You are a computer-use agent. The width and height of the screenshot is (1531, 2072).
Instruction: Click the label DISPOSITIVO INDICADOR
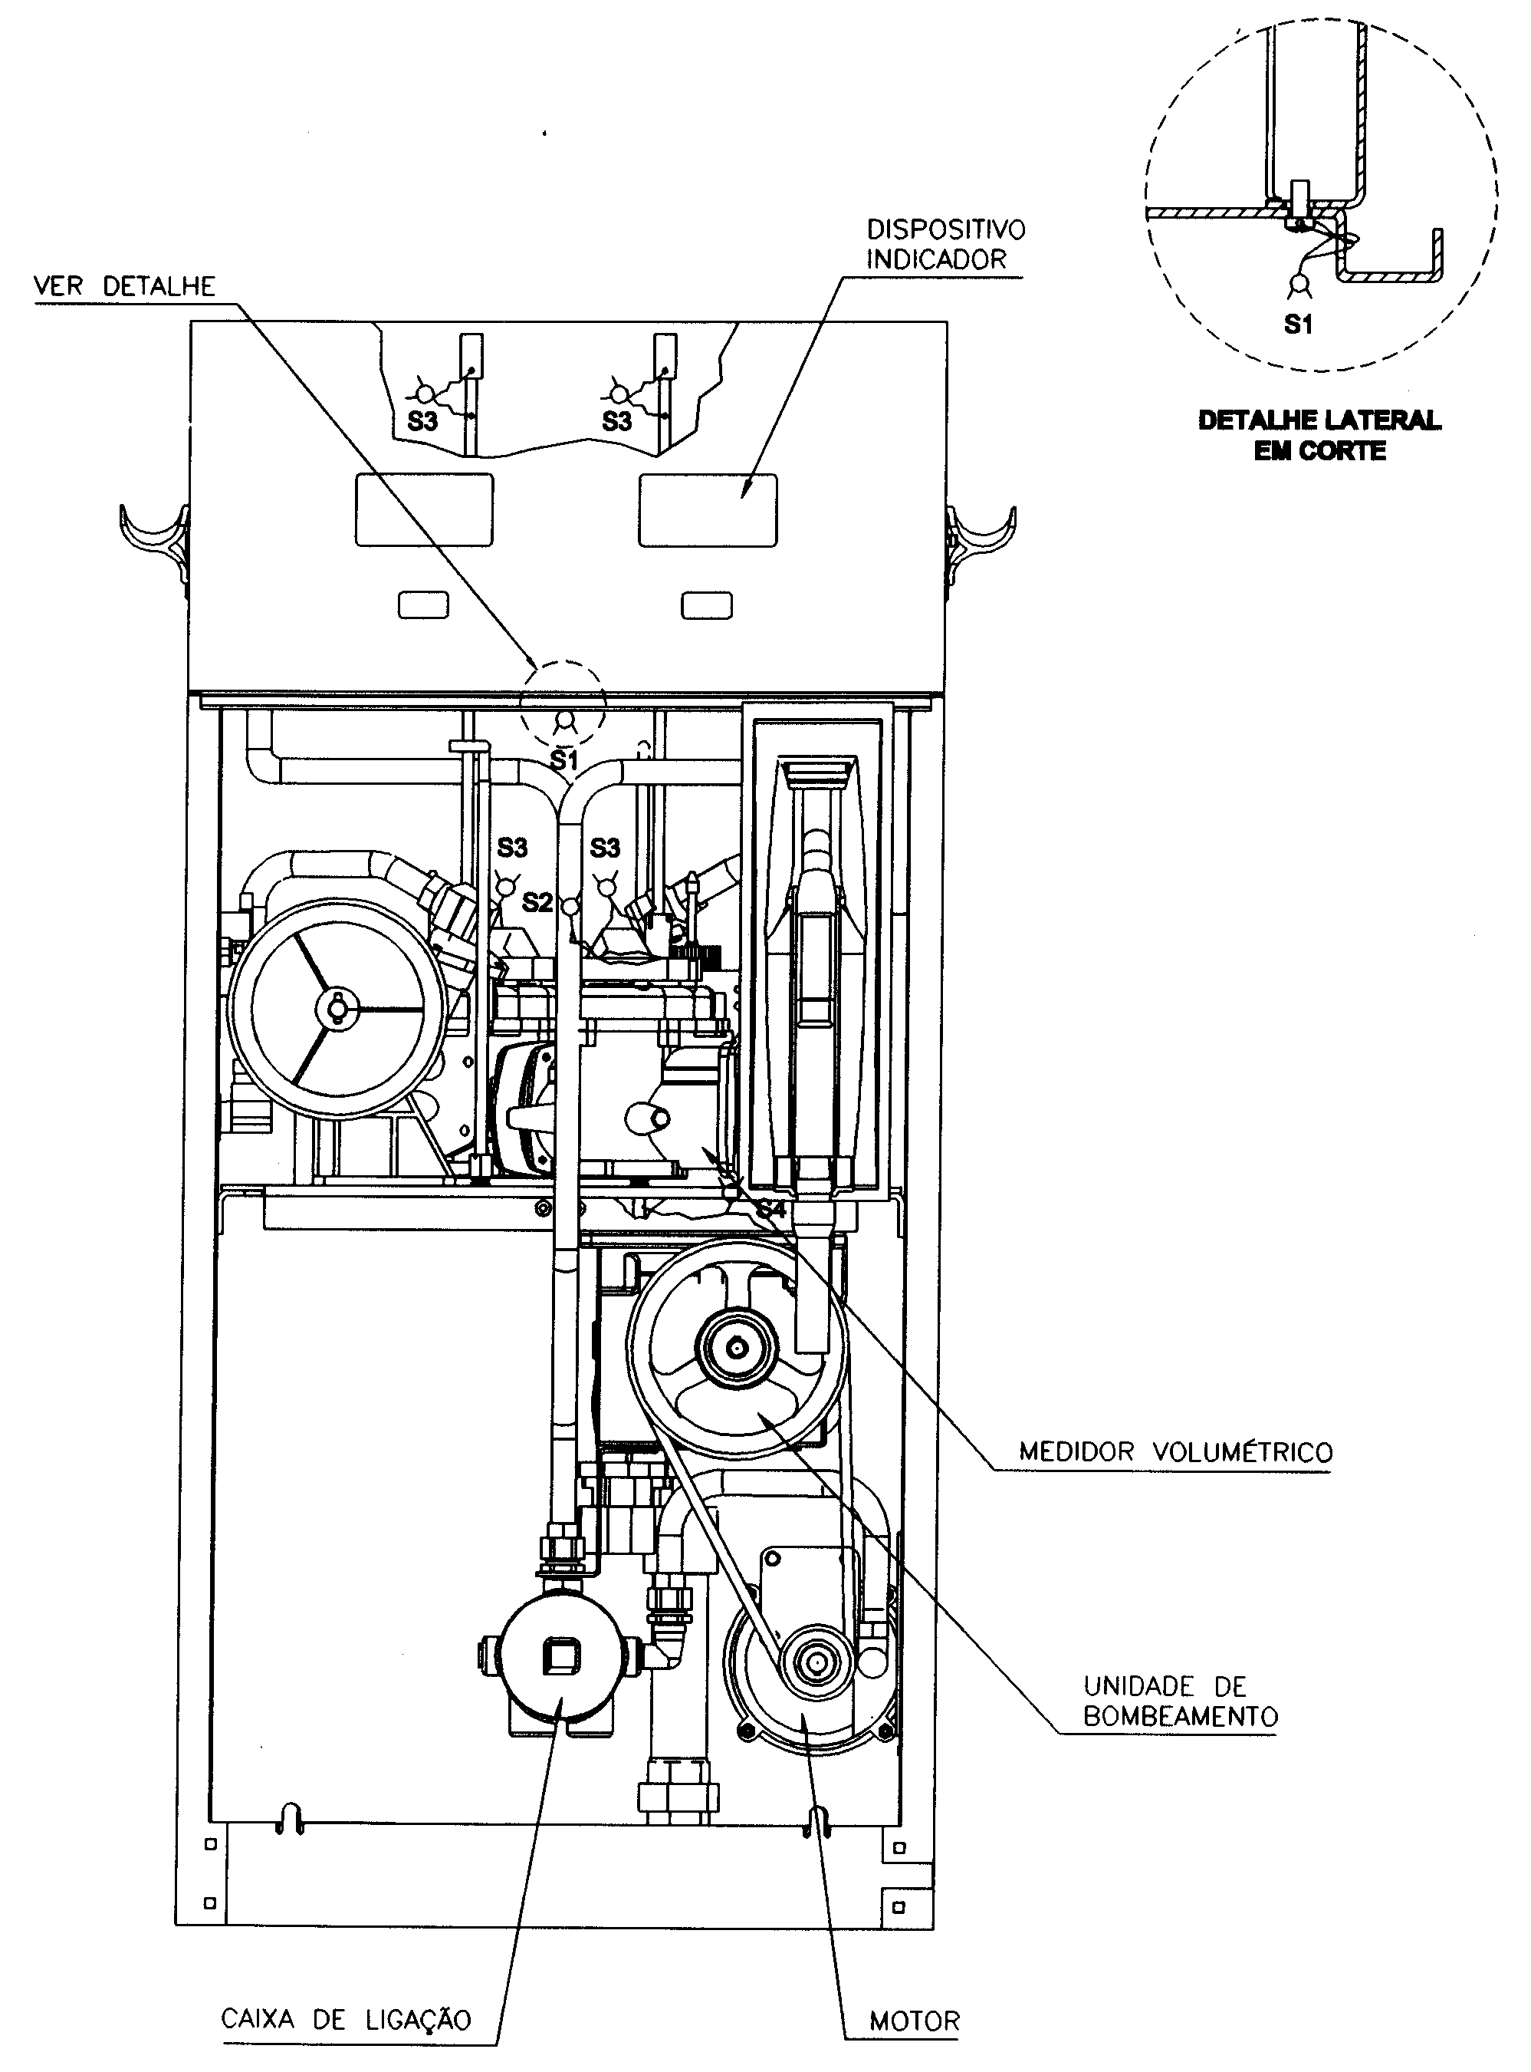pos(945,244)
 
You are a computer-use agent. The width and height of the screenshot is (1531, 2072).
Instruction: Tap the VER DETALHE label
pos(124,286)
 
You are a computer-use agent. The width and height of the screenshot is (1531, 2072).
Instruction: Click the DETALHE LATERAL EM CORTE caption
pos(1319,435)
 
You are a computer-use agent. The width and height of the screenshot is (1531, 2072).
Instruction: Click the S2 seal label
pos(537,902)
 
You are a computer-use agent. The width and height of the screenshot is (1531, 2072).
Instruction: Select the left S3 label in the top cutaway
pos(422,421)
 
